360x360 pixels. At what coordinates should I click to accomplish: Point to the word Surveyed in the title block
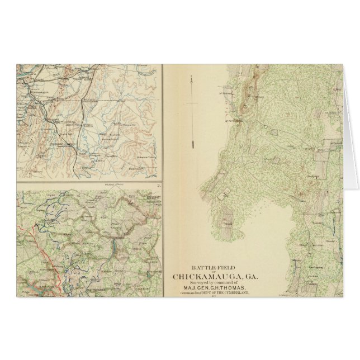coord(193,282)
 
